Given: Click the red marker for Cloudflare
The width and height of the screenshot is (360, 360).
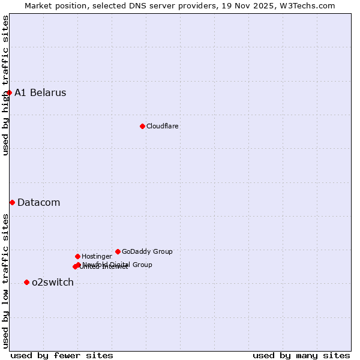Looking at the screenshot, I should coord(142,126).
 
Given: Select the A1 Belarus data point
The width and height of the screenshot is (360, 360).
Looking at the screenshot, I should coord(9,92).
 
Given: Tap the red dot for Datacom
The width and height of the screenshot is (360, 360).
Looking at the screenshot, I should coord(12,202).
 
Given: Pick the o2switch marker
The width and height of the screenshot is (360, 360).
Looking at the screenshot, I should coord(26,282).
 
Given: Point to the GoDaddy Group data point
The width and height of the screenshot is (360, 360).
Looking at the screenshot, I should coord(118,251).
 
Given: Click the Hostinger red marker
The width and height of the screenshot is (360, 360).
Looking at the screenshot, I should coord(77,256).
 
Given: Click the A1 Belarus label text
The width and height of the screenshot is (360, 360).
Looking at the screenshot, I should coord(40,93).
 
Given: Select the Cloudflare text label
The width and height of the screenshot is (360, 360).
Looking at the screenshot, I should coord(162,127).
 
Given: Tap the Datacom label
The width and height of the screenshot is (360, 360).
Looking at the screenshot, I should coord(38,203).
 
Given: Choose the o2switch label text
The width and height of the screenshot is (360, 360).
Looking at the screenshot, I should coord(52,283).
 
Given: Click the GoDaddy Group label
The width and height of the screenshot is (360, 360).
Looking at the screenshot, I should coord(147,252).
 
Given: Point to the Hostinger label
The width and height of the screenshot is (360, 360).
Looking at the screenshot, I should coord(97,257).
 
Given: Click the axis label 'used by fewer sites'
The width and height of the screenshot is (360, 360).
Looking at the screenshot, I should coord(62,355).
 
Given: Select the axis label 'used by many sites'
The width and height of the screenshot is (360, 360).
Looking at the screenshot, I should coord(301,355).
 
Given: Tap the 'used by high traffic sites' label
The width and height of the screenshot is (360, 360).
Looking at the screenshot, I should coord(5,85).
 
